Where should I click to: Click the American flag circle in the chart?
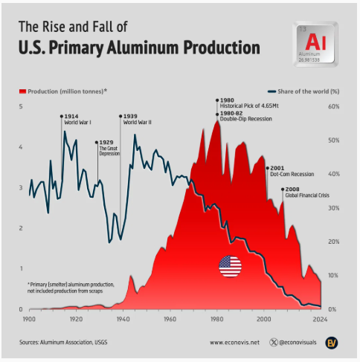[230, 265]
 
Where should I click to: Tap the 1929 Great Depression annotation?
[106, 147]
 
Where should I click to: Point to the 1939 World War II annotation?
[137, 119]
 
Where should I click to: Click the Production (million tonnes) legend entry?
[62, 91]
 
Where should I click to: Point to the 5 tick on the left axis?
[20, 107]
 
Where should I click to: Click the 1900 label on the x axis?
[30, 318]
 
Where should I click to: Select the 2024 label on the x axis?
[321, 318]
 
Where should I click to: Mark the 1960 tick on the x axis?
[170, 318]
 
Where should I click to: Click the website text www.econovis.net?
[234, 343]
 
